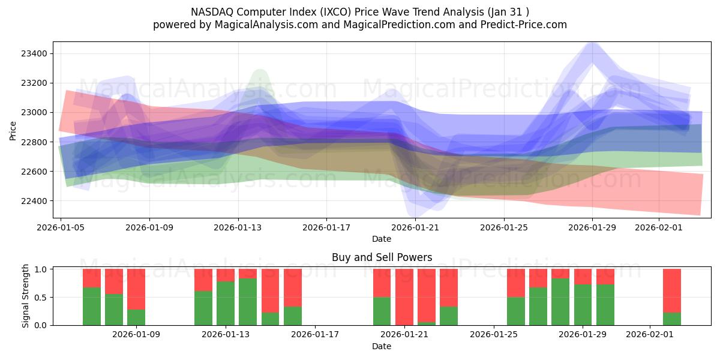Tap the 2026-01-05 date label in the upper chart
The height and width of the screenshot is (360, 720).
(61, 227)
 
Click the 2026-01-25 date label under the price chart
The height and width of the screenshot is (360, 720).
(503, 227)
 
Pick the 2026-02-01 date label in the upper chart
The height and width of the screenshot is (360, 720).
(659, 227)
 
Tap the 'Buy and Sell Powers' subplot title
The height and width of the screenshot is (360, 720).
(382, 257)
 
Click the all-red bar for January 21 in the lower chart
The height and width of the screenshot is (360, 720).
(404, 297)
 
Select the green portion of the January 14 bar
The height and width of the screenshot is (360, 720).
(248, 302)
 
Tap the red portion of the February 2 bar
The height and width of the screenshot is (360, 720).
(672, 290)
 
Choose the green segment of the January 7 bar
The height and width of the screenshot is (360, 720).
(92, 307)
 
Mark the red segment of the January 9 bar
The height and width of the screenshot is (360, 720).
(136, 289)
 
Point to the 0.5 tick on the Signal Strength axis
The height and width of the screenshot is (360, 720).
(42, 298)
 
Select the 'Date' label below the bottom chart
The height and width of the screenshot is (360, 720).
(382, 346)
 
